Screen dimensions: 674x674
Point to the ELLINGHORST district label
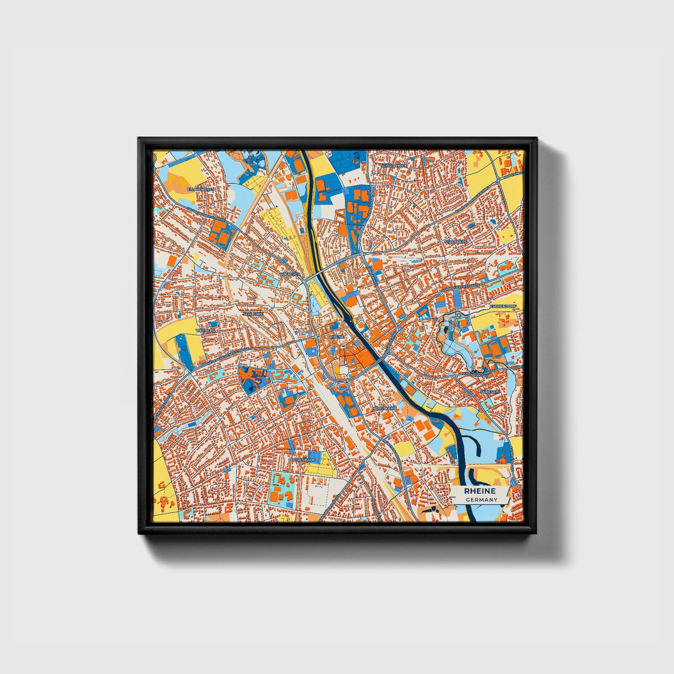pyautogui.click(x=200, y=190)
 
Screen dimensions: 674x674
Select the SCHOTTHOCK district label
pyautogui.click(x=394, y=166)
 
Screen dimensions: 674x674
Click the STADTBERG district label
pyautogui.click(x=455, y=242)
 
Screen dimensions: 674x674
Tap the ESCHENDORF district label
pyautogui.click(x=502, y=306)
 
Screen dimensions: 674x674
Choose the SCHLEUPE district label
pyautogui.click(x=252, y=314)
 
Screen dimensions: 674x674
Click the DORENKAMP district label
pyautogui.click(x=303, y=460)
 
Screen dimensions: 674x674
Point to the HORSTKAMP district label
pyautogui.click(x=384, y=409)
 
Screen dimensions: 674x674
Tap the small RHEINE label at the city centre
pyautogui.click(x=337, y=336)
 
